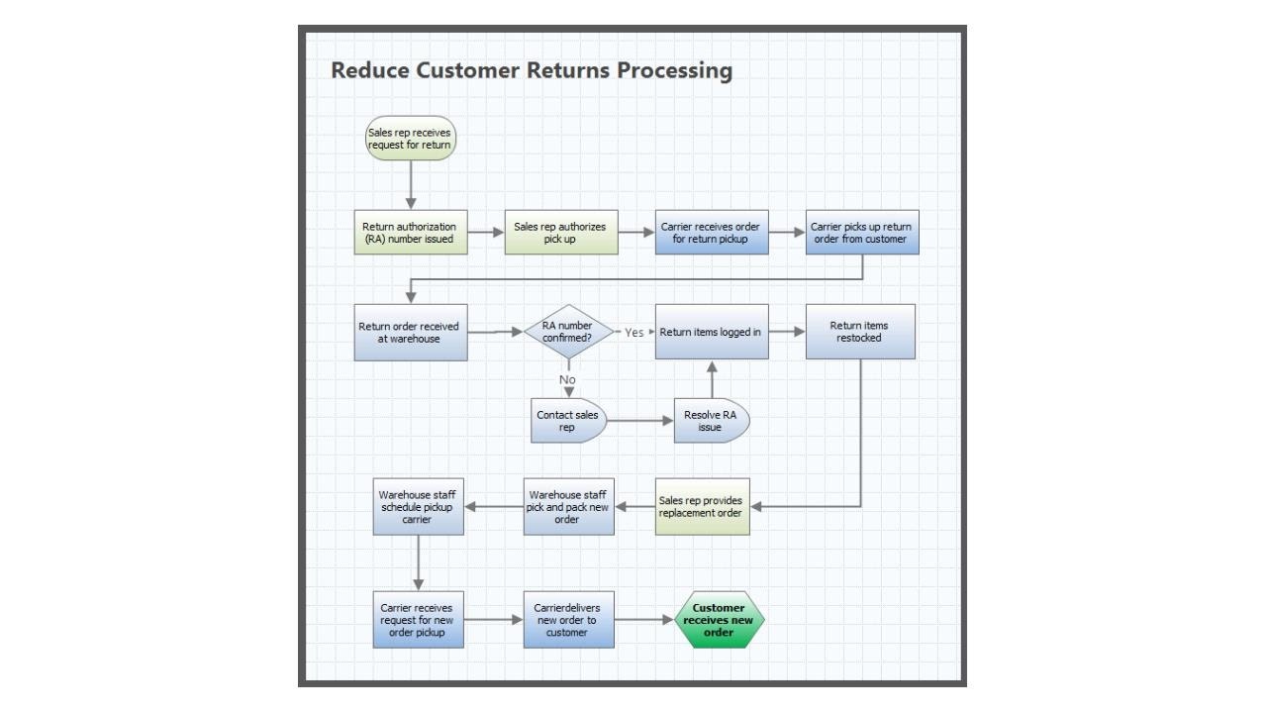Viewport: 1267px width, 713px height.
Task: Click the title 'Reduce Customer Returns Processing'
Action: click(x=532, y=71)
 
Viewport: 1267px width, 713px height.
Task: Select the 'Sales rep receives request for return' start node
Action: click(x=410, y=139)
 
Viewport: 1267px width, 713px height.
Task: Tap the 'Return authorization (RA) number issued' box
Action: click(x=411, y=233)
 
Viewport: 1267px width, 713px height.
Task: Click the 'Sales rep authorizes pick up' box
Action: click(x=560, y=233)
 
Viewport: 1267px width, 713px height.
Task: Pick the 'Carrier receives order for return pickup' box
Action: click(x=711, y=233)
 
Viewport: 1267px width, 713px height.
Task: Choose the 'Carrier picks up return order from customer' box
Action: click(x=861, y=233)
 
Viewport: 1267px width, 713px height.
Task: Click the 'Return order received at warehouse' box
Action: click(x=411, y=333)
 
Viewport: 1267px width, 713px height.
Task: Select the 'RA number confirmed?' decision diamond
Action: click(x=567, y=332)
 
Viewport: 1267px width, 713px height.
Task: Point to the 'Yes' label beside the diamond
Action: click(x=634, y=333)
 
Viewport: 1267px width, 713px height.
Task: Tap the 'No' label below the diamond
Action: click(x=567, y=379)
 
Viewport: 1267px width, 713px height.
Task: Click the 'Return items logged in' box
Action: click(x=711, y=332)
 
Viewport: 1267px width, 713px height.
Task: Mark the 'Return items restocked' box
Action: click(x=859, y=332)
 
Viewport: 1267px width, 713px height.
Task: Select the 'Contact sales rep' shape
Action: click(x=567, y=421)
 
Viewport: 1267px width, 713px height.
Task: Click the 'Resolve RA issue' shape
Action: click(x=711, y=421)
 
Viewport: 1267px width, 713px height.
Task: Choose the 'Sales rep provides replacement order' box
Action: click(x=702, y=507)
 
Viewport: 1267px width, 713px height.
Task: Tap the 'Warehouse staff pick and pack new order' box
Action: click(x=568, y=507)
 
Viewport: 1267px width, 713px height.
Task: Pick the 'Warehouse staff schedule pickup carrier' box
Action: click(x=418, y=507)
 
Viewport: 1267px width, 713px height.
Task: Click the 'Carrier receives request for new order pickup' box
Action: click(x=418, y=620)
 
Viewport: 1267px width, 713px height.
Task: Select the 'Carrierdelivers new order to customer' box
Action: click(x=568, y=620)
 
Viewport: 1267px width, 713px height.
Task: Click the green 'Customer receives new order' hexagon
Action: click(x=719, y=621)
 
